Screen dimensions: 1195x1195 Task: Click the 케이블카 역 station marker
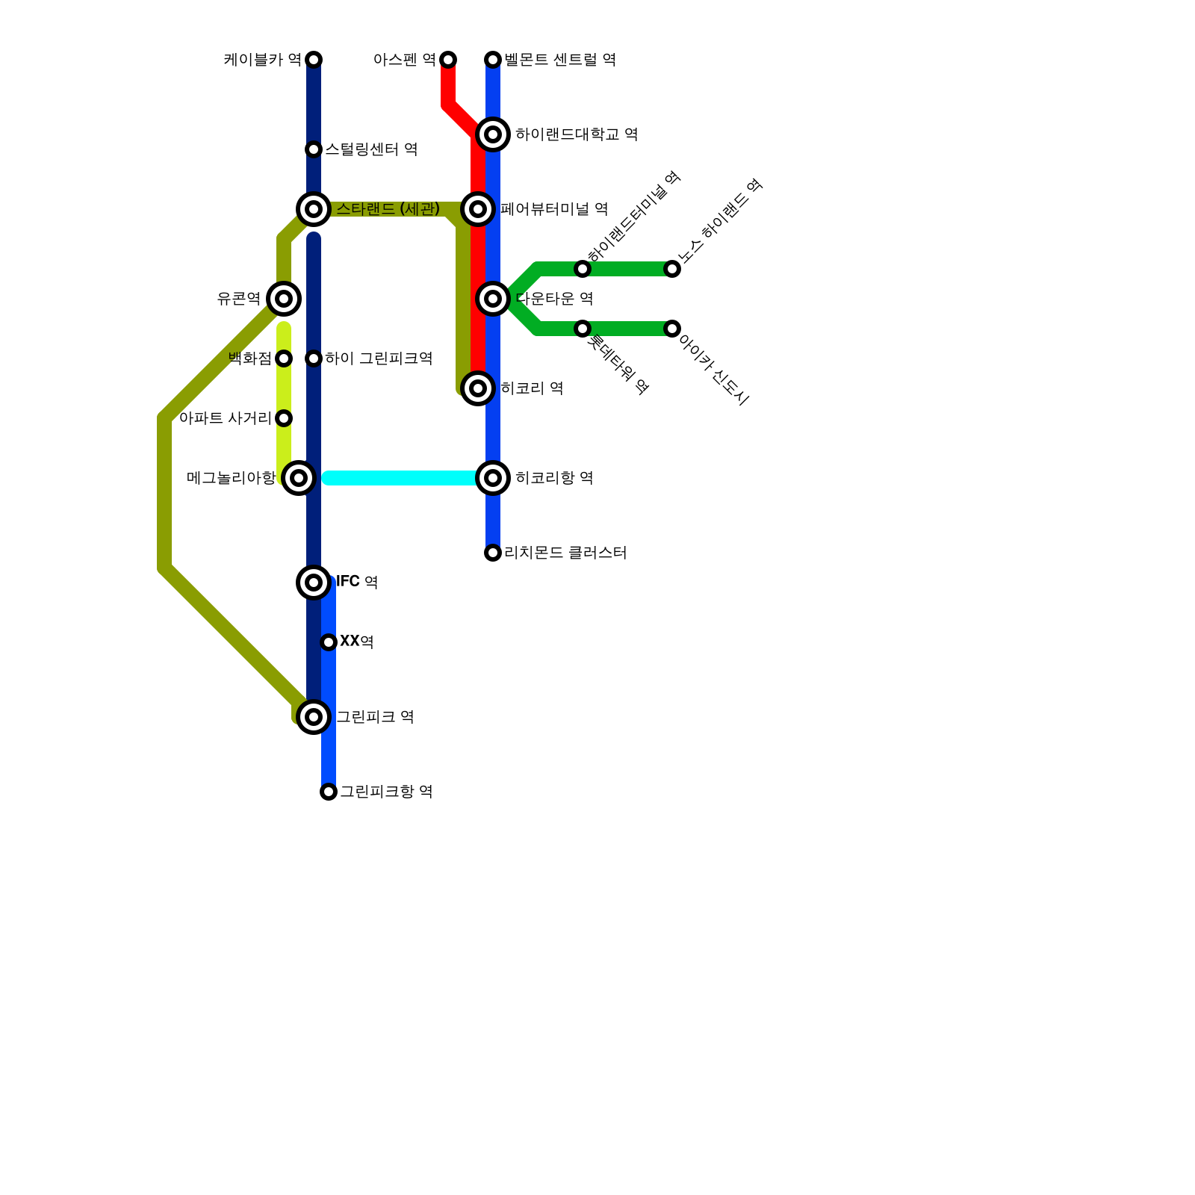pyautogui.click(x=314, y=60)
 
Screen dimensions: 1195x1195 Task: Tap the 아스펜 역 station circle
pyautogui.click(x=448, y=60)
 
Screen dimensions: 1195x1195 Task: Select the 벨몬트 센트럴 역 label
pyautogui.click(x=559, y=60)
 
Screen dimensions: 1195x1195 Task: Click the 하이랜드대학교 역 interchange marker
pyautogui.click(x=493, y=134)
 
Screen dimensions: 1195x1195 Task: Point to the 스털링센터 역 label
pyautogui.click(x=371, y=149)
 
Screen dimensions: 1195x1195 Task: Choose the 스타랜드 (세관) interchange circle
pyautogui.click(x=314, y=209)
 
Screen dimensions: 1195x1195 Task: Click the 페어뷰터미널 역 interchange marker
pyautogui.click(x=478, y=209)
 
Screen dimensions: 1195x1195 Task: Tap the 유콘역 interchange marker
pyautogui.click(x=284, y=299)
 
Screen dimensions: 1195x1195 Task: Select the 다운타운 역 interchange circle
pyautogui.click(x=493, y=299)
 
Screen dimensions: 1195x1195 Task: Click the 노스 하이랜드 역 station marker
pyautogui.click(x=672, y=269)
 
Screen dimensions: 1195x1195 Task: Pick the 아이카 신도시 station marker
pyautogui.click(x=672, y=329)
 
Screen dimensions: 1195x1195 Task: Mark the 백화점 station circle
pyautogui.click(x=284, y=358)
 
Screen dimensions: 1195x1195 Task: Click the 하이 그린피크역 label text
pyautogui.click(x=379, y=358)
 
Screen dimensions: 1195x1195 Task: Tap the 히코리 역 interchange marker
pyautogui.click(x=478, y=388)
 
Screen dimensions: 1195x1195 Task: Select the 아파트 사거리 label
pyautogui.click(x=225, y=418)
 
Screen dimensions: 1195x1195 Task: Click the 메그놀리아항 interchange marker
pyautogui.click(x=299, y=478)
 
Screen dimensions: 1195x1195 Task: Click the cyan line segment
pyautogui.click(x=403, y=478)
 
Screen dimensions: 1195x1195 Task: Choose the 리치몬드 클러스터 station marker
pyautogui.click(x=493, y=553)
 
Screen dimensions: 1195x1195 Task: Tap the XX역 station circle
pyautogui.click(x=329, y=642)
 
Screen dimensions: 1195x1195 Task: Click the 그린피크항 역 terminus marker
pyautogui.click(x=329, y=792)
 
